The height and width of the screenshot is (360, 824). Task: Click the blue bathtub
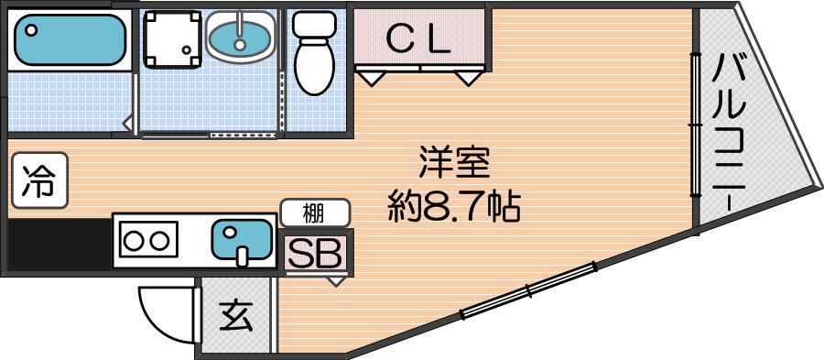tap(70, 38)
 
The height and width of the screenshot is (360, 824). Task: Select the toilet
tap(315, 52)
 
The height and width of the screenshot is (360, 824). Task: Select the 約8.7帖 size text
tap(453, 209)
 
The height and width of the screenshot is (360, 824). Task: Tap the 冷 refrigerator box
tap(40, 180)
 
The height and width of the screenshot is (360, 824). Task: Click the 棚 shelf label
tap(315, 213)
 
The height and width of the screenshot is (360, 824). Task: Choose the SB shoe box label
tap(315, 254)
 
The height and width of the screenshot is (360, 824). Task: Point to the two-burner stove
tap(146, 241)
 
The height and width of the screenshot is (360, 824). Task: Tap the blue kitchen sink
tap(242, 240)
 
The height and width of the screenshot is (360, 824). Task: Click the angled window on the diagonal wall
tap(529, 290)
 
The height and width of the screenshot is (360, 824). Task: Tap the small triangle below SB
tap(336, 280)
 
